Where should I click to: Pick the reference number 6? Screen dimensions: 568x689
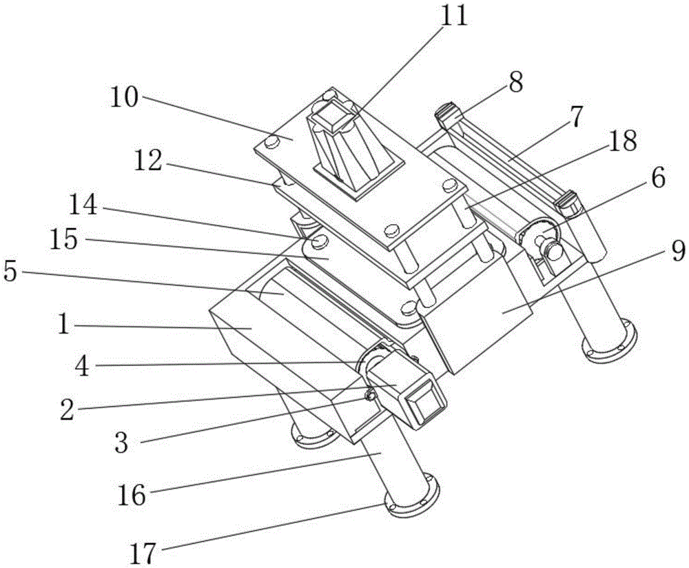tap(657, 180)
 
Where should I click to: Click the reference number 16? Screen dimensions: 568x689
tap(131, 494)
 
